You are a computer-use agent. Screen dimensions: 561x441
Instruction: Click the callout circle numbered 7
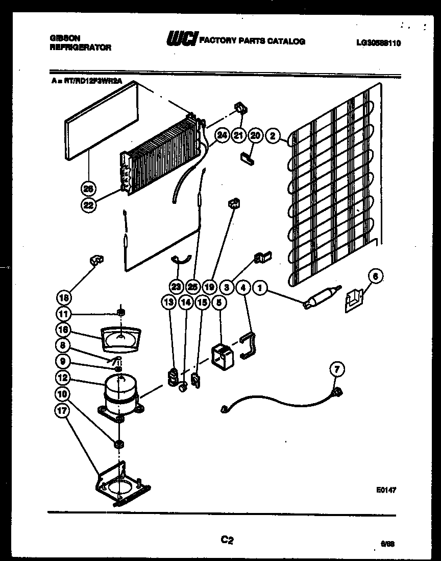pyautogui.click(x=337, y=368)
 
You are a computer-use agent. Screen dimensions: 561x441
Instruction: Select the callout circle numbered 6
pyautogui.click(x=375, y=277)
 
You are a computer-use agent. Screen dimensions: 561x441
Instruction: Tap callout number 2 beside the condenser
pyautogui.click(x=273, y=135)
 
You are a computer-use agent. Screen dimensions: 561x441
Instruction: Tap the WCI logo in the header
pyautogui.click(x=181, y=40)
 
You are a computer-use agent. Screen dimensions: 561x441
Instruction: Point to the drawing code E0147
pyautogui.click(x=386, y=490)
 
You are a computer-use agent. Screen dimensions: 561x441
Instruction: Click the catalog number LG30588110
pyautogui.click(x=378, y=43)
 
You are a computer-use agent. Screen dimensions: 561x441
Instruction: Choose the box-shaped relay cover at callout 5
pyautogui.click(x=223, y=355)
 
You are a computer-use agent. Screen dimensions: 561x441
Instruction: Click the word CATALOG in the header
pyautogui.click(x=287, y=41)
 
